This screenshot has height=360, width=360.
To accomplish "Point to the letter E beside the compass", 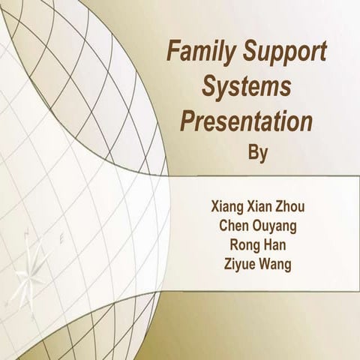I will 63,242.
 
